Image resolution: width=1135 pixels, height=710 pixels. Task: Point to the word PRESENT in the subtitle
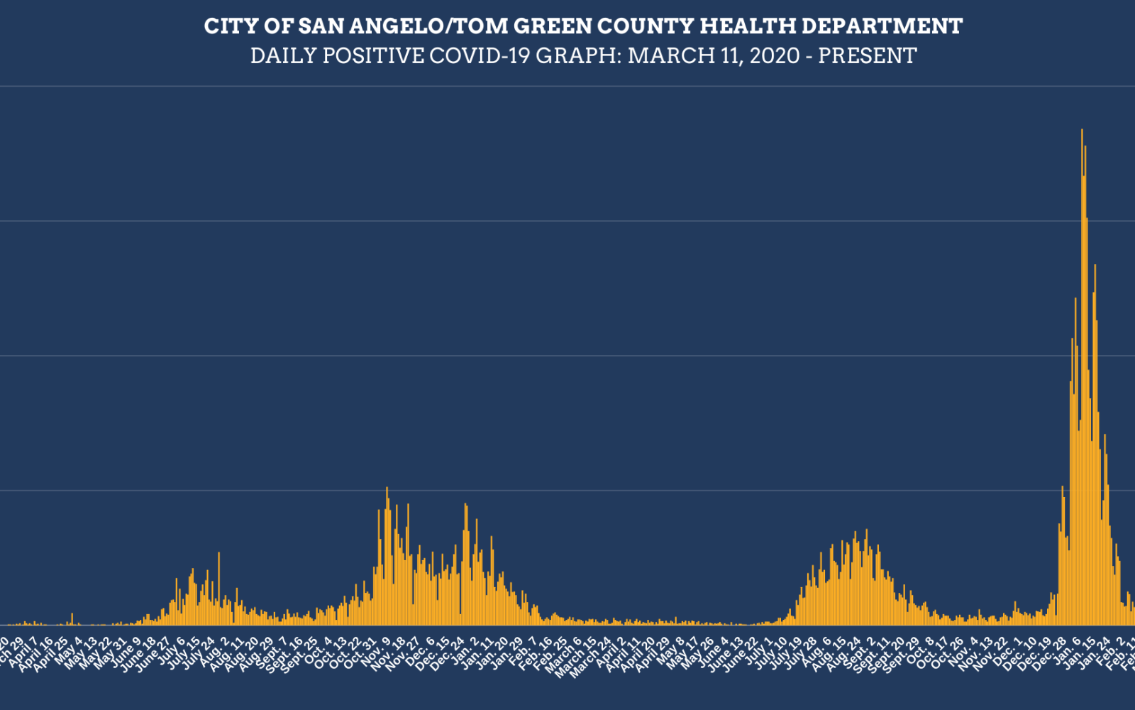(x=868, y=55)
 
